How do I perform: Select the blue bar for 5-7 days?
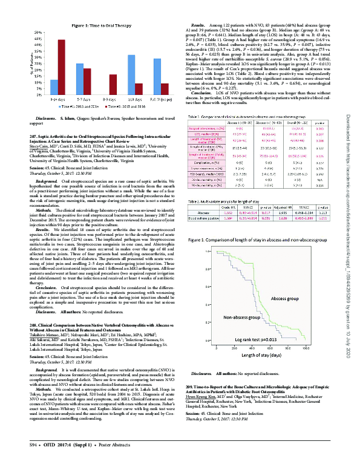point(80,82)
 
